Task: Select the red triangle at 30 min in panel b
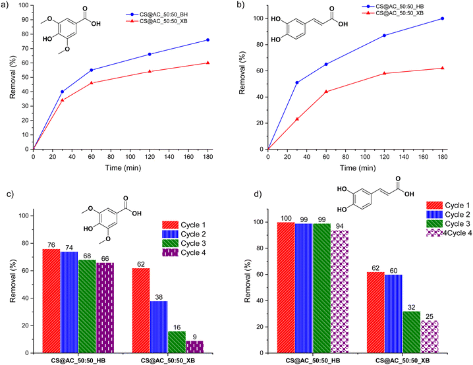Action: coord(297,119)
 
